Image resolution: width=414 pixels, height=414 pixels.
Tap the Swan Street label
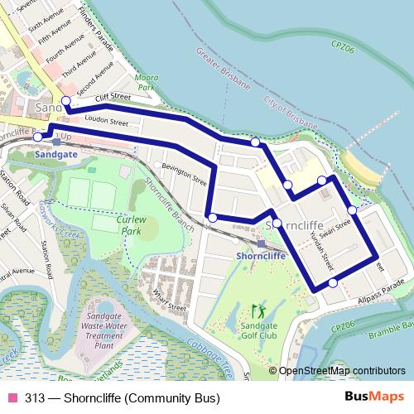(340, 223)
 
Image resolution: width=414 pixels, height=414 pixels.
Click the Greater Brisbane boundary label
(224, 69)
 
